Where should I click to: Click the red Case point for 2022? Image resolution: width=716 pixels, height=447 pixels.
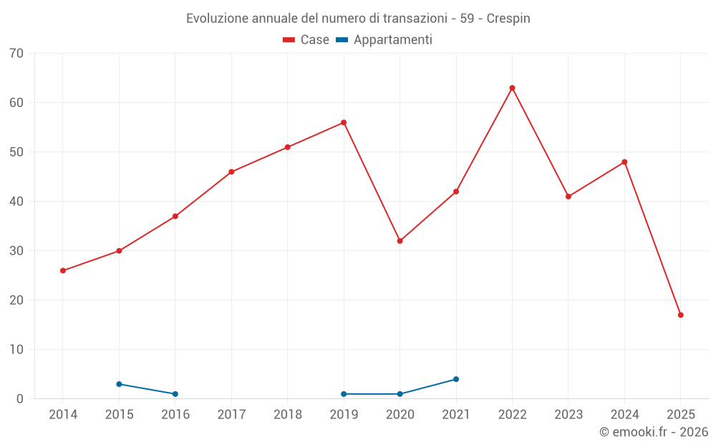512,88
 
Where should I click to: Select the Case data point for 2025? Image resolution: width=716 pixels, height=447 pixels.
680,315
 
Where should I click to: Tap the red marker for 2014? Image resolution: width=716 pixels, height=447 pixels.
63,270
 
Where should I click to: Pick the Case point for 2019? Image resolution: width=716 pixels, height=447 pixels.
344,122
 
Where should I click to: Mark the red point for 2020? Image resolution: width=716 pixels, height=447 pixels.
400,241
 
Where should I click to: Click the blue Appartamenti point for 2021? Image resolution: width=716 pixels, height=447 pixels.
456,379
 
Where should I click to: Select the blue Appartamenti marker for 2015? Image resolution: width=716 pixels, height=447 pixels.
119,384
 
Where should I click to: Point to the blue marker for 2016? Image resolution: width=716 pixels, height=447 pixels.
175,394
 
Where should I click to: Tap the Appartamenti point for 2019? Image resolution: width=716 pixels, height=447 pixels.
344,394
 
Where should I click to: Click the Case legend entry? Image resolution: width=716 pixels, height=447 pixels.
306,40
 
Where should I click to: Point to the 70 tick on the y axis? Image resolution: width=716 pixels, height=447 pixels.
16,54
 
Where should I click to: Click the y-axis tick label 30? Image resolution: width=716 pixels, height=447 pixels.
16,251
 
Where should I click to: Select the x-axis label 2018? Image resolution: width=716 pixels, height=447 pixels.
288,415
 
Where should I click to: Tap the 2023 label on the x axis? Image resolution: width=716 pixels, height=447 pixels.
569,415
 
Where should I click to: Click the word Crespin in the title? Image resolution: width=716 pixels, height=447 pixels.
508,19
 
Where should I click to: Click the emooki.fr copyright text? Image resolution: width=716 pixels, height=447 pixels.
653,432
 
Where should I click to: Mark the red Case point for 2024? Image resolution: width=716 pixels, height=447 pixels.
624,162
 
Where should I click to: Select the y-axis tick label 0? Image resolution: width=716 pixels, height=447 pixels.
20,399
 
